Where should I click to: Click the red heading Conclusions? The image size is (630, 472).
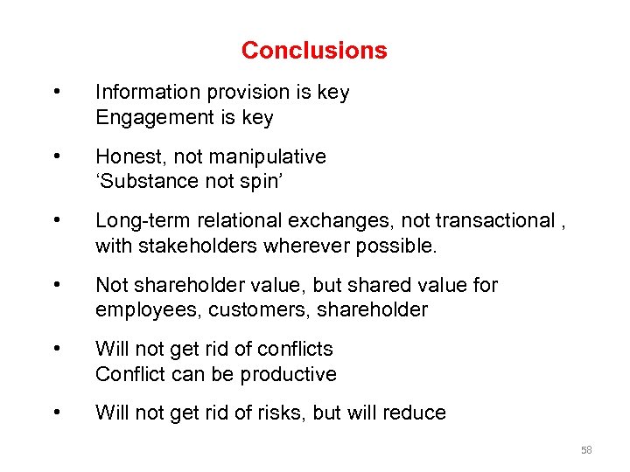pyautogui.click(x=314, y=51)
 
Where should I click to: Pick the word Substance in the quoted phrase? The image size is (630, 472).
pyautogui.click(x=143, y=182)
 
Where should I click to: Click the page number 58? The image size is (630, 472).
pyautogui.click(x=586, y=450)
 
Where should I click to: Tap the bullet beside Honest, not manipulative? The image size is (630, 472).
pyautogui.click(x=57, y=157)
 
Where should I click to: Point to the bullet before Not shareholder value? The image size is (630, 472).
pyautogui.click(x=57, y=285)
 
